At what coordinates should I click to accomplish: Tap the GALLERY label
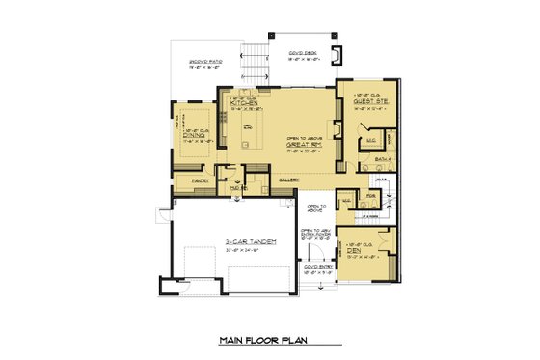point(286,180)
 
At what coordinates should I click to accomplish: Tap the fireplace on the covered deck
point(336,54)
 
